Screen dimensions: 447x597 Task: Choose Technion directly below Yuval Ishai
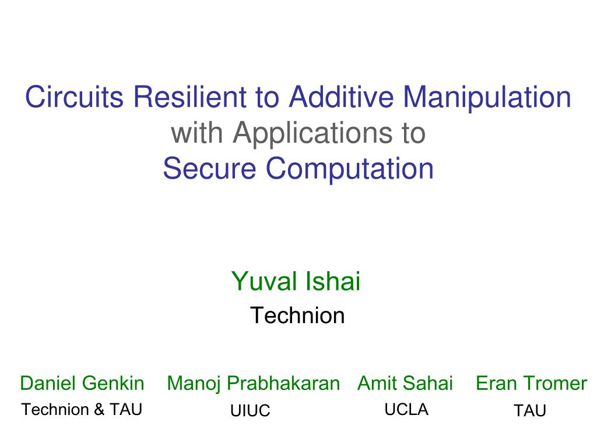point(297,315)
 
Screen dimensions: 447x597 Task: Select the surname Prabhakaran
point(283,384)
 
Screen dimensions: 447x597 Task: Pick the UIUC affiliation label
point(250,411)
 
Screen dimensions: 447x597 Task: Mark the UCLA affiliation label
point(406,410)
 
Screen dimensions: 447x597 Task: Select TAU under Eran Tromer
point(529,411)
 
